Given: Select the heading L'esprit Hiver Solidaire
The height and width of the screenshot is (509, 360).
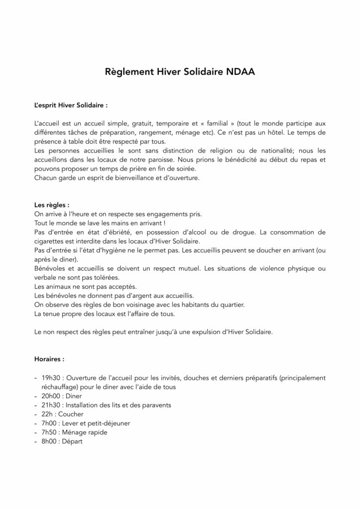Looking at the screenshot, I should coord(71,106).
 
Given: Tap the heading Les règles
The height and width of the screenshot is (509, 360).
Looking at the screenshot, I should coord(52,204).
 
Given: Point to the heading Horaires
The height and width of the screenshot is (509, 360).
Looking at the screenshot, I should coord(49,358).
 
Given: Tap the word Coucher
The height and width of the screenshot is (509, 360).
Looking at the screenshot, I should coord(71,414).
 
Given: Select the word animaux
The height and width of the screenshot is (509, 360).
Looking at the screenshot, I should coord(57,286).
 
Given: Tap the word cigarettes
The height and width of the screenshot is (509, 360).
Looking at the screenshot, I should coord(50,241).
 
